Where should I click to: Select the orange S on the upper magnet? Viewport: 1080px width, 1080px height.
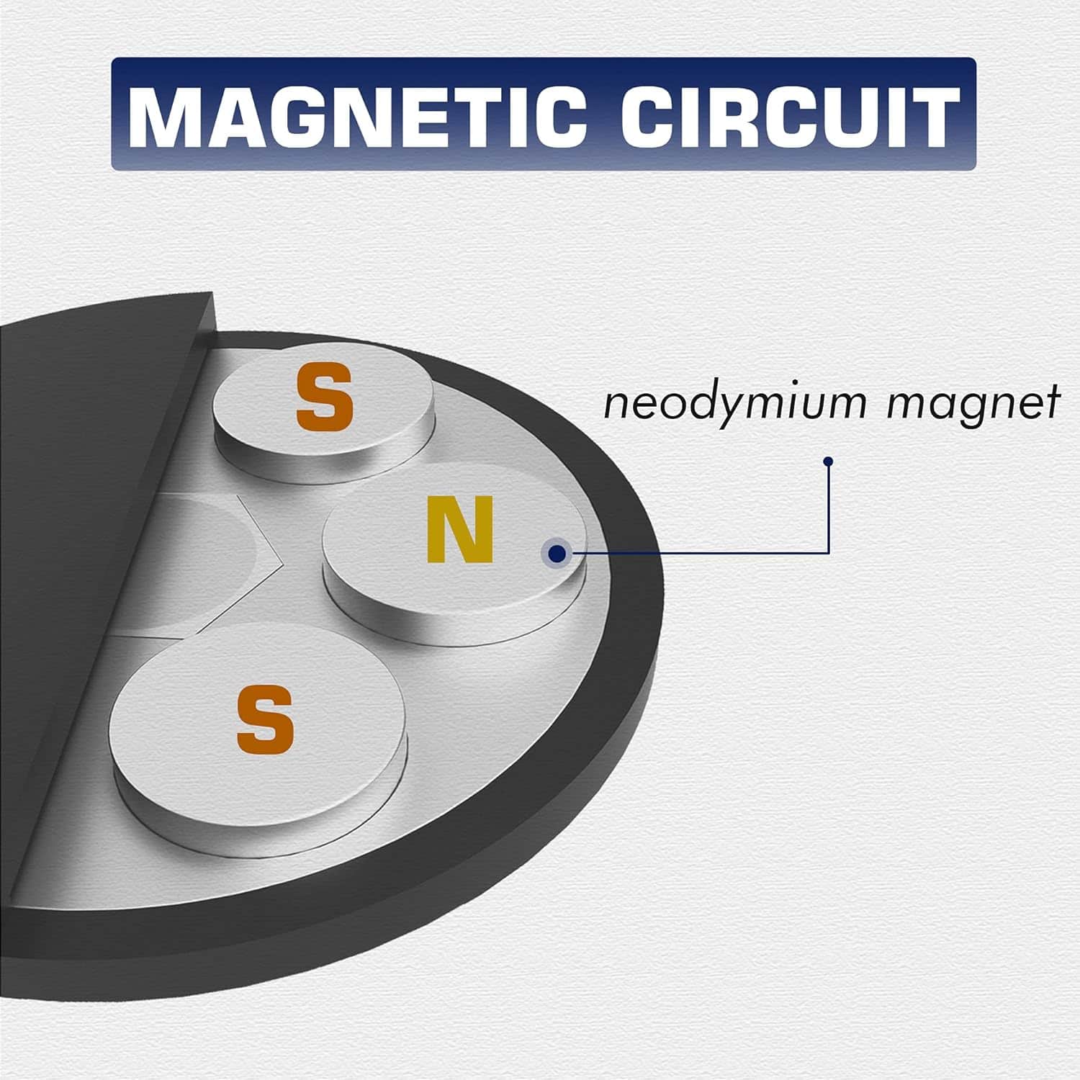click(325, 395)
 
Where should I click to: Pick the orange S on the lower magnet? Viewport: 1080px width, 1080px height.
click(266, 719)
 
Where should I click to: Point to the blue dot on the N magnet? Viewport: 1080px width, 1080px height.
click(557, 553)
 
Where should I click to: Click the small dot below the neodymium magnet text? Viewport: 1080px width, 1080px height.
click(829, 462)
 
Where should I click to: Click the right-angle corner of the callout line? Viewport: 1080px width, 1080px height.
click(829, 553)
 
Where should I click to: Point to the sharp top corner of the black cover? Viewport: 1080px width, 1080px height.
click(214, 292)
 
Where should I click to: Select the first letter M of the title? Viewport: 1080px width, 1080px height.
click(166, 115)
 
